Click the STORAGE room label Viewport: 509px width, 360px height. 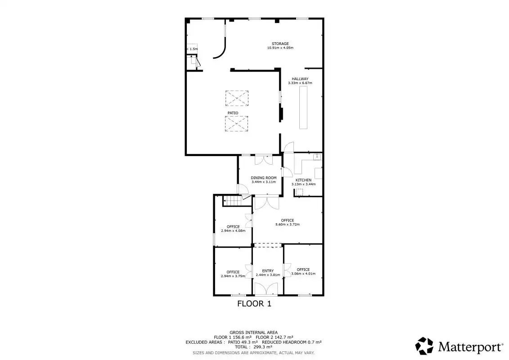[x=280, y=44]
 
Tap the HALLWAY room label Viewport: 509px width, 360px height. [x=300, y=79]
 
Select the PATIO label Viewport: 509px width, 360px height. [x=233, y=113]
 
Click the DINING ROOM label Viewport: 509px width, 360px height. [x=264, y=178]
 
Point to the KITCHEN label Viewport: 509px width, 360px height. [x=303, y=180]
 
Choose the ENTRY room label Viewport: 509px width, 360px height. [x=268, y=271]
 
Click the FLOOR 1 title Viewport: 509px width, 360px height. [x=254, y=304]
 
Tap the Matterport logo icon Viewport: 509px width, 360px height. [x=424, y=346]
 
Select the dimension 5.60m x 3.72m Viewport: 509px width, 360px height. [x=288, y=224]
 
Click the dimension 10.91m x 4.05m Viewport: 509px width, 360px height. [x=280, y=48]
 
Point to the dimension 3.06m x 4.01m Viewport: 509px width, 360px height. [x=303, y=273]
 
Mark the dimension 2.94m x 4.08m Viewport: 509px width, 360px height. [x=233, y=231]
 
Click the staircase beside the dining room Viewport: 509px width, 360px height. [x=234, y=201]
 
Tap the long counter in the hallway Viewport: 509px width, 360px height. [x=303, y=108]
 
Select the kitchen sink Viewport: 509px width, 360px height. [x=317, y=157]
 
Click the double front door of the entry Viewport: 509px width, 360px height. [x=266, y=289]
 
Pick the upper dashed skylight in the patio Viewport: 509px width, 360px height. [x=237, y=98]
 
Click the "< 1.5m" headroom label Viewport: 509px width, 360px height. [x=192, y=49]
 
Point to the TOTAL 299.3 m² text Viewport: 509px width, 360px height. [x=253, y=346]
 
